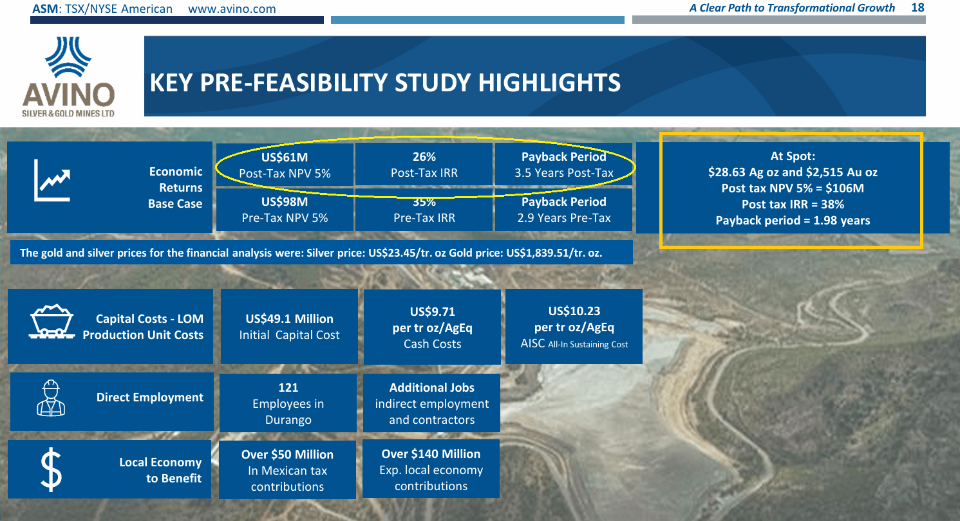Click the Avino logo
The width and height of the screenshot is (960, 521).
tap(68, 76)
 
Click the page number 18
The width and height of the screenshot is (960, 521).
tap(918, 8)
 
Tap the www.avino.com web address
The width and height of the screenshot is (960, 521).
tap(232, 9)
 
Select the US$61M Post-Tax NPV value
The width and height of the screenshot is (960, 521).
tap(285, 157)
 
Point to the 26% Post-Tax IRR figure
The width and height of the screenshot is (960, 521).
tap(424, 157)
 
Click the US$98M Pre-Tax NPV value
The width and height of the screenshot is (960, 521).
tap(285, 202)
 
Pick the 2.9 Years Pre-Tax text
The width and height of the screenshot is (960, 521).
tap(563, 218)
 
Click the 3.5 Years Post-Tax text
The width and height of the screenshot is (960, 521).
tap(563, 173)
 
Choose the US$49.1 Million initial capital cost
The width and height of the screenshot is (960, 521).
tap(289, 319)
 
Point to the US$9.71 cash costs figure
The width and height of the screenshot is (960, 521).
tap(432, 312)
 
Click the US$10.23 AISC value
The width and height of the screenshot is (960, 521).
tap(574, 311)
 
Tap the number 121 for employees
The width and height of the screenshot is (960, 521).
tap(288, 388)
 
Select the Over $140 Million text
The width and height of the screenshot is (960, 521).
tap(431, 454)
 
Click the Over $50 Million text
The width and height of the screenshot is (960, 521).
tap(287, 455)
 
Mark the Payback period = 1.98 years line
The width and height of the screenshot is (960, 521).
tap(792, 221)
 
